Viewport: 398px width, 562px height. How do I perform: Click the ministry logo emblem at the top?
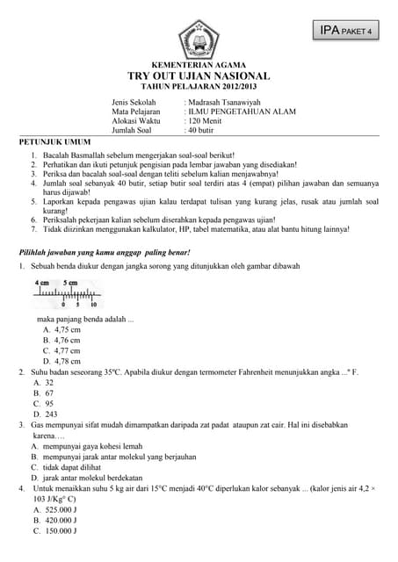point(199,38)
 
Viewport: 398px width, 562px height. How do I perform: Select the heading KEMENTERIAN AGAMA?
point(199,66)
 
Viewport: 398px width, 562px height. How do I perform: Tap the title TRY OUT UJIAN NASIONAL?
point(199,77)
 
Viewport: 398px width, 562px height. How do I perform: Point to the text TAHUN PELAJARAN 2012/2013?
point(199,89)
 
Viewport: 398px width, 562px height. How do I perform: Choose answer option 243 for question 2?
point(50,414)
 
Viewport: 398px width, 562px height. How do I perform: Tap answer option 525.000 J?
point(61,509)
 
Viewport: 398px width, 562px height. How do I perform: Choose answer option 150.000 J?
point(61,530)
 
